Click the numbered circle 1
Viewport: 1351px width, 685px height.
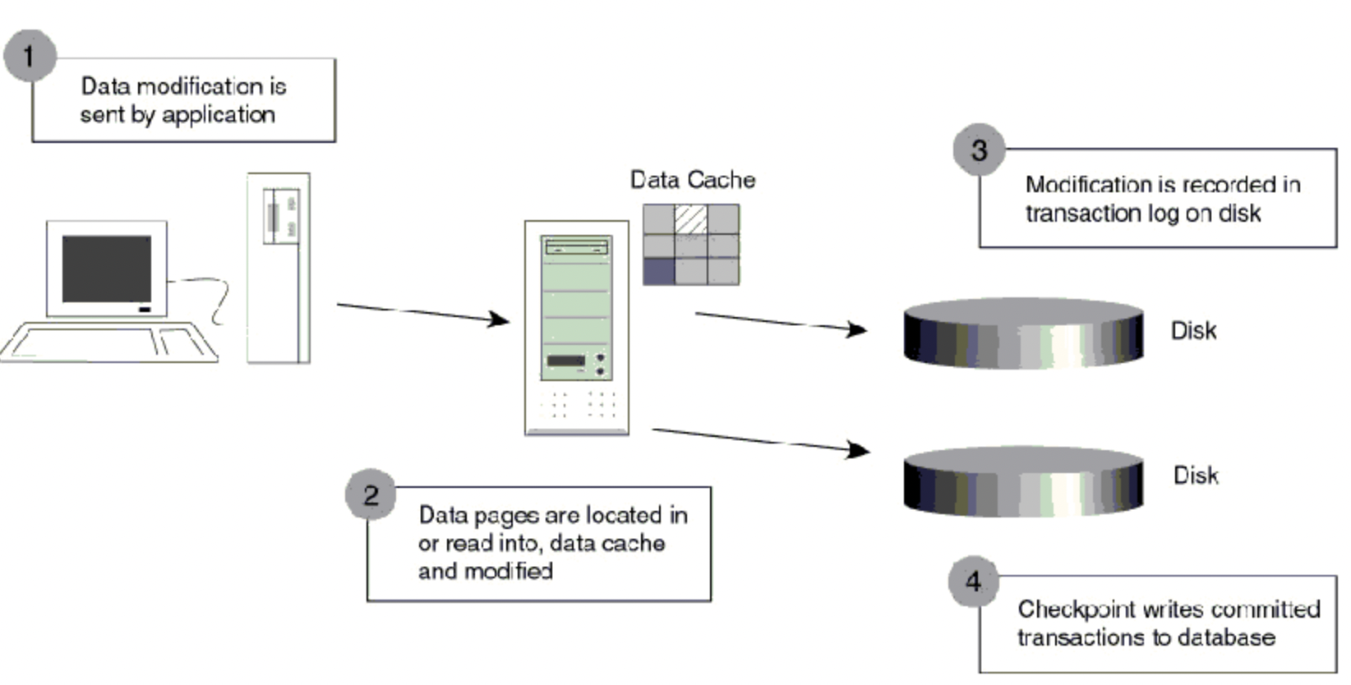30,56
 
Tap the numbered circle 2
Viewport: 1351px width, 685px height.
371,494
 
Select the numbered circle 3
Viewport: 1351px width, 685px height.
979,149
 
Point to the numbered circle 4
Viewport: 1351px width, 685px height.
973,582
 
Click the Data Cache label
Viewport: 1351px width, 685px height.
692,180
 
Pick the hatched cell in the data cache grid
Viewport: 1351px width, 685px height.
690,219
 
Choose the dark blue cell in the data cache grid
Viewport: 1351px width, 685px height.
658,270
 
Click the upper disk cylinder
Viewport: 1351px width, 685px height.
1023,333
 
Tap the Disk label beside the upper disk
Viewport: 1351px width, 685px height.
1193,331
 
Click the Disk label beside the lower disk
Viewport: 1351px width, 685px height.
1196,476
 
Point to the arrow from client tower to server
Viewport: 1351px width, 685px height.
422,313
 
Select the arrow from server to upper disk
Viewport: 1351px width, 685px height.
780,321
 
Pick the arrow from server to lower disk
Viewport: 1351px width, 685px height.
760,439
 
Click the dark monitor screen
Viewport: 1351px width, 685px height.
107,269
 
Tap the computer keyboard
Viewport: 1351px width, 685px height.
111,342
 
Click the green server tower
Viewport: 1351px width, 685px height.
576,326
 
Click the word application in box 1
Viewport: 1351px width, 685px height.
219,115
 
